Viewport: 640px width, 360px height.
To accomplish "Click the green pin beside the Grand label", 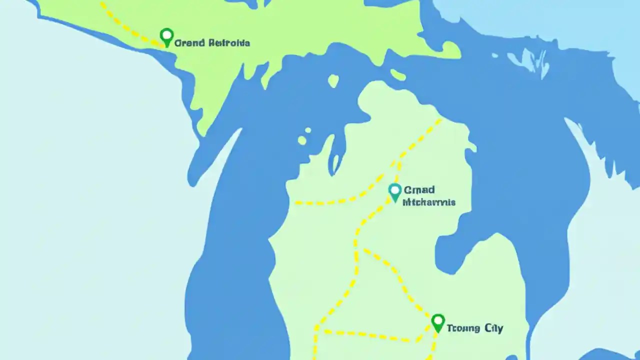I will [x=166, y=37].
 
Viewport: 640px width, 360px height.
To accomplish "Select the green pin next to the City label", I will [x=438, y=323].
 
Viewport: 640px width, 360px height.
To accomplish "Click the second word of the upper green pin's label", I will [x=229, y=43].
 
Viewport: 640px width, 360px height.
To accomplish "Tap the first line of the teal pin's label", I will [x=419, y=190].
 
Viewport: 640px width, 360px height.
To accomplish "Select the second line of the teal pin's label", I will [x=429, y=202].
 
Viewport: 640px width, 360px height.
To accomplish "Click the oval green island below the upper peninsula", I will [x=333, y=81].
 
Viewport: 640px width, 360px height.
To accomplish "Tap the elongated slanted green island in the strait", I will [x=398, y=75].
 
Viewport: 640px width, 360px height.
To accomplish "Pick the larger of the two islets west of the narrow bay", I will [x=302, y=140].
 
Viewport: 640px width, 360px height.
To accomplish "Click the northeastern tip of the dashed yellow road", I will [x=440, y=119].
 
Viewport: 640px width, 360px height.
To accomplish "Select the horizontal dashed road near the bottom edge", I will [x=370, y=335].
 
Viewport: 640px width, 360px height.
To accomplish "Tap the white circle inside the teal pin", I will [x=395, y=190].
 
